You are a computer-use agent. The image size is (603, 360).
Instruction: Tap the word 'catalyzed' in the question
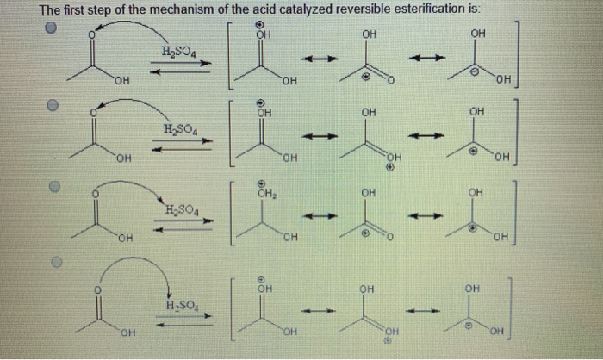(x=333, y=9)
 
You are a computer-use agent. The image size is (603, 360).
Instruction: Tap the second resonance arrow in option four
(x=420, y=311)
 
